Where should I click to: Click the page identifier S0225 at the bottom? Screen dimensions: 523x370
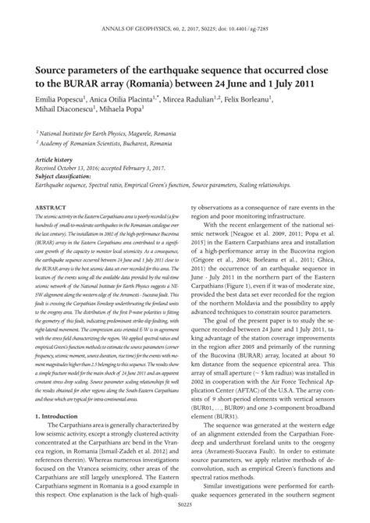click(185, 514)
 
